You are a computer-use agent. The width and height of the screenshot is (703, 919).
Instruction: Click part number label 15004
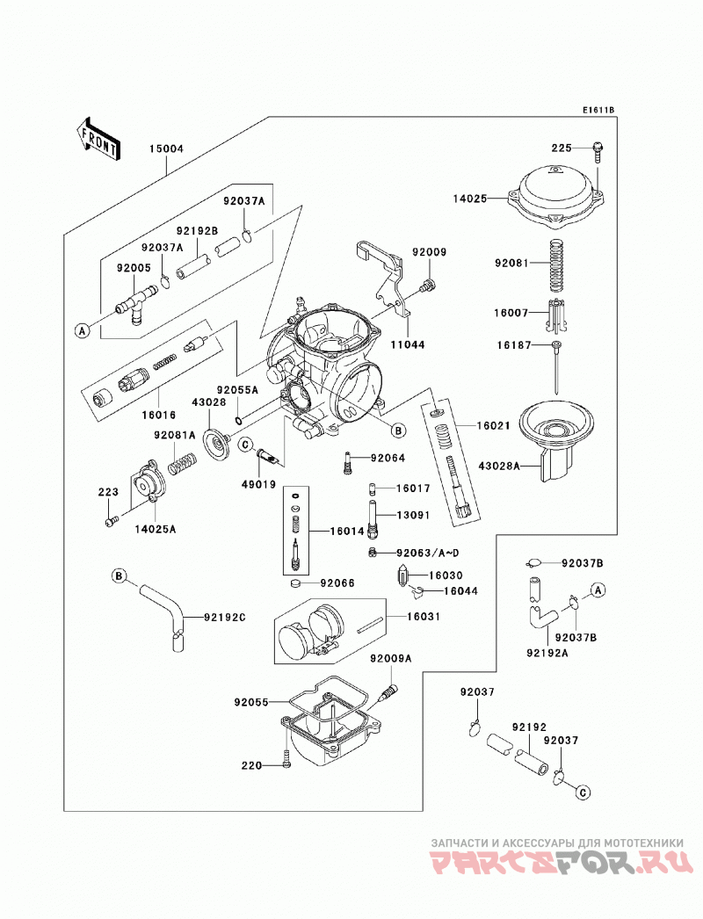coord(166,148)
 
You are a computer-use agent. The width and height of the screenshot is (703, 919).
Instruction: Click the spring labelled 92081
coord(557,265)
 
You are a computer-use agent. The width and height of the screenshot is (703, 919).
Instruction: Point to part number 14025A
coord(156,529)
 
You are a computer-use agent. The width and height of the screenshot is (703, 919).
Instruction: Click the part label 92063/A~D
coord(427,553)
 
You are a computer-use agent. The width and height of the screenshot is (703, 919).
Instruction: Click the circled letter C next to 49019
coord(246,445)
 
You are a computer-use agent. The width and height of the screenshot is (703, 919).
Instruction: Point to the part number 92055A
coord(237,390)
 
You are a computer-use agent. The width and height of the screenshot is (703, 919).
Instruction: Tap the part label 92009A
coord(390,659)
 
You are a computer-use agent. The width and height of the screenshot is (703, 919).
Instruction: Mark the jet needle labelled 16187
coord(556,367)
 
